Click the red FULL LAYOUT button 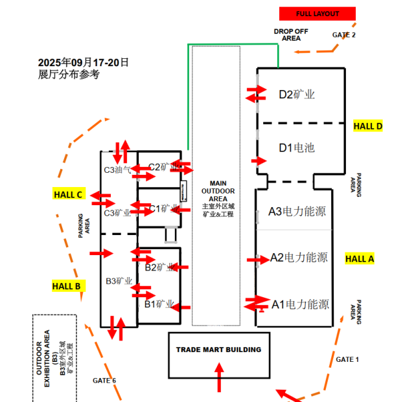click(318, 14)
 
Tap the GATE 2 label click(343, 35)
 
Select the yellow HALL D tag click(368, 126)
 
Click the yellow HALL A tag click(360, 258)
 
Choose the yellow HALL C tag click(68, 194)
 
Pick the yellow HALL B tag click(67, 285)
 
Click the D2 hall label click(297, 95)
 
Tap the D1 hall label click(297, 148)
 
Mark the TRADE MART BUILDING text click(218, 350)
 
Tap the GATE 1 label click(347, 359)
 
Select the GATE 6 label click(104, 380)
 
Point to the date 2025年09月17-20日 click(84, 62)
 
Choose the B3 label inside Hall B click(119, 282)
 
